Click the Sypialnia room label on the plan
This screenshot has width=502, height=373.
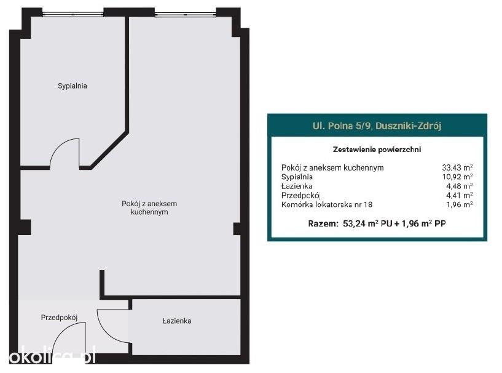pos(73,86)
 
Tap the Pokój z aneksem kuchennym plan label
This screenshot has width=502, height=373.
pos(149,208)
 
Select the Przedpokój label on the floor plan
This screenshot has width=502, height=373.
pos(59,318)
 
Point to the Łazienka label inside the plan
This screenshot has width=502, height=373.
pos(177,321)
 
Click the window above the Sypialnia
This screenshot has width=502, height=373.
pos(73,14)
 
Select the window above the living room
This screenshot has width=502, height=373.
pos(186,14)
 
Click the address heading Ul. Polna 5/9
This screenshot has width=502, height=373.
pos(377,126)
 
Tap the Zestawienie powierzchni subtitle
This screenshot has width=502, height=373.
pos(377,150)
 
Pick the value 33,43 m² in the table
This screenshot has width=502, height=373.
pos(457,167)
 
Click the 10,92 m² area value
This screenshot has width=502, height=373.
pos(457,177)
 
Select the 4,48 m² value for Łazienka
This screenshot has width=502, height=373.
pos(460,186)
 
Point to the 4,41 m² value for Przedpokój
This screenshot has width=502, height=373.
pos(460,195)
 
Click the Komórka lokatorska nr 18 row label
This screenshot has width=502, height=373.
pos(327,204)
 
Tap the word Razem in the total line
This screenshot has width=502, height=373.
pos(323,223)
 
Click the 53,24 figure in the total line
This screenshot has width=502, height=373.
pos(354,223)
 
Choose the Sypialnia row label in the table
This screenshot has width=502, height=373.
pos(297,177)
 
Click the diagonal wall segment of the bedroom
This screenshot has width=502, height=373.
pos(109,150)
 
